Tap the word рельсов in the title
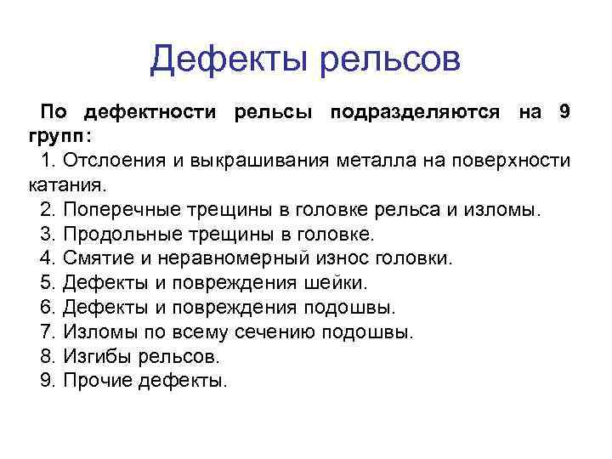390,60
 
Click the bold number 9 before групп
564,112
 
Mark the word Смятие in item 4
94,258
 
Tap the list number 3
47,234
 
